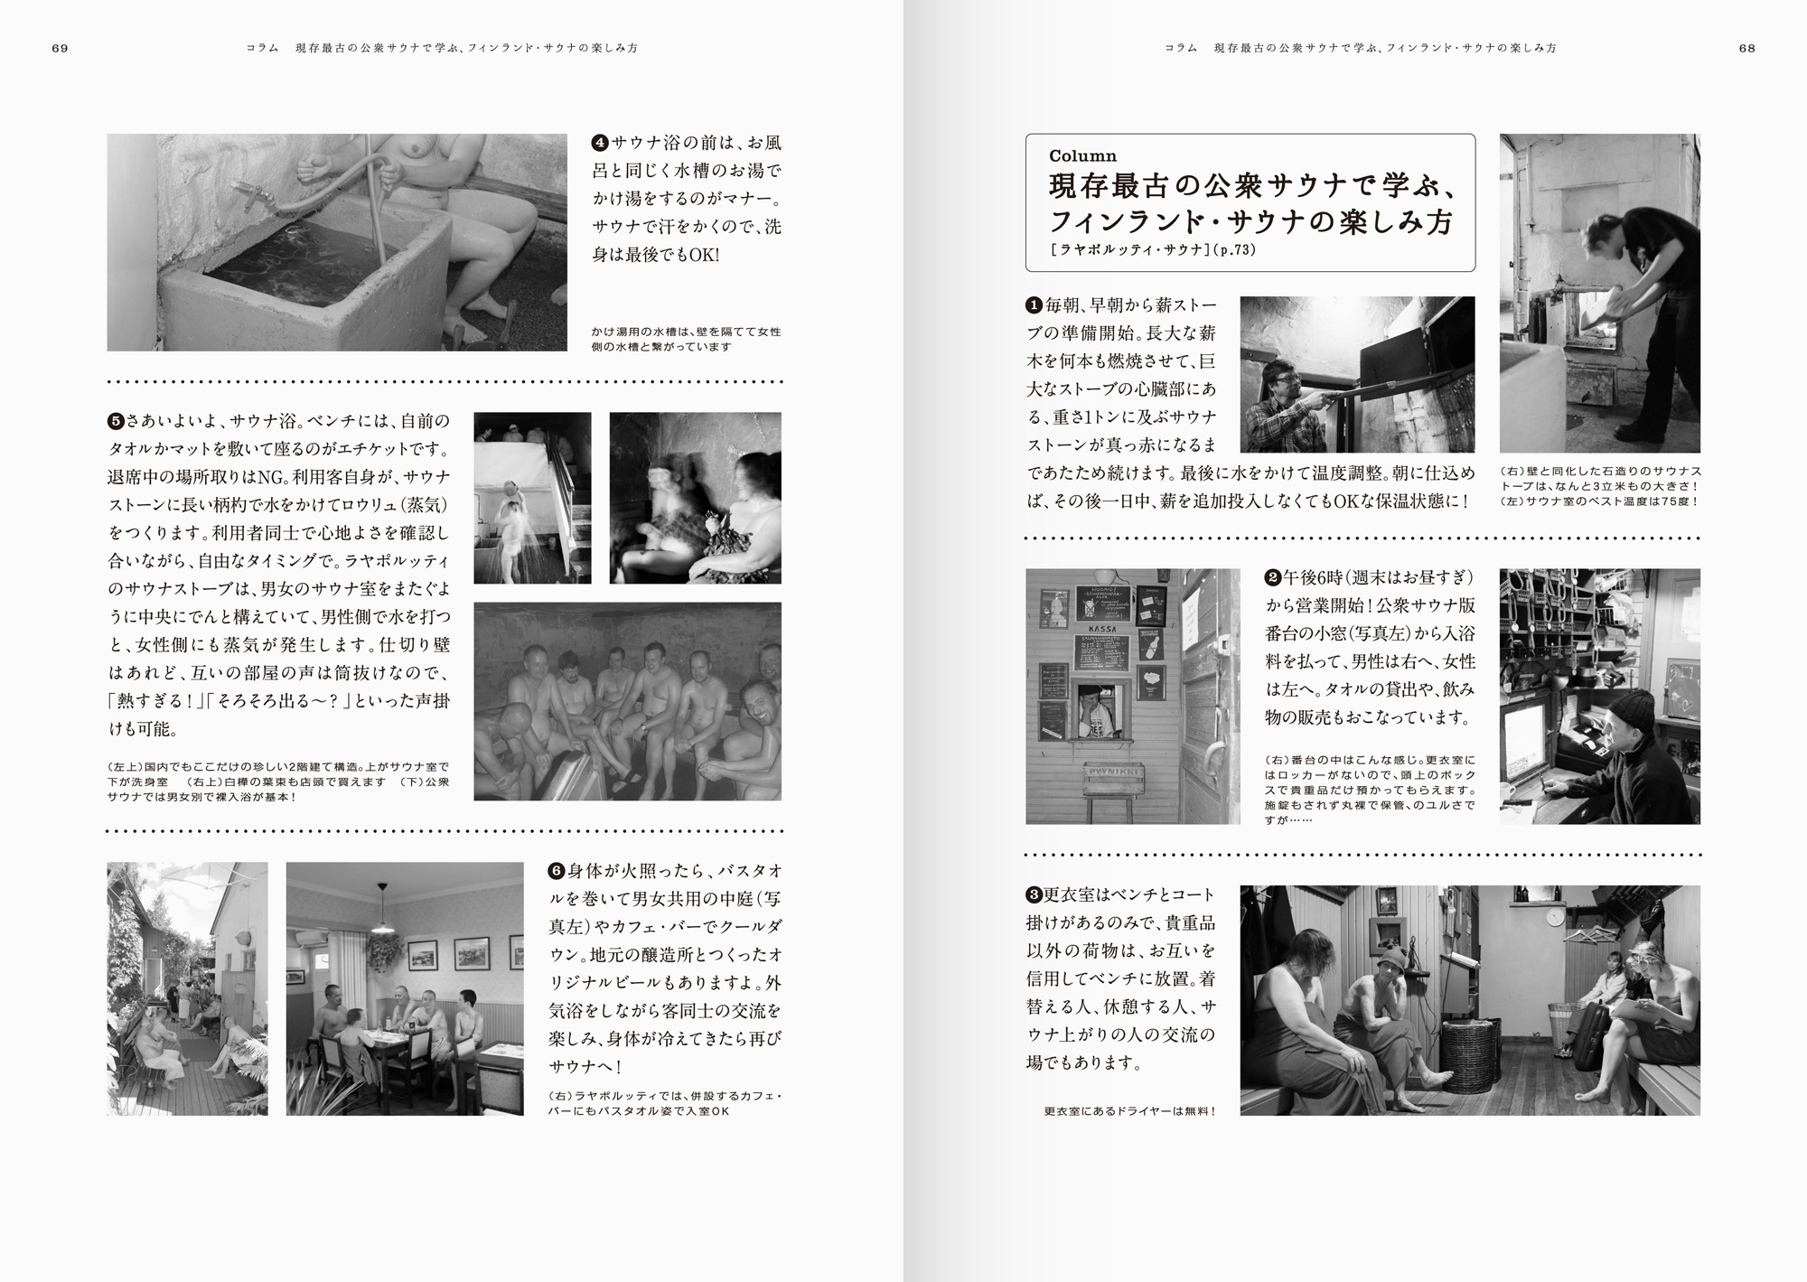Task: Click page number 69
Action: [x=60, y=49]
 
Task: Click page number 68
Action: [x=1747, y=49]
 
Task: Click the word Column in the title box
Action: [x=1082, y=156]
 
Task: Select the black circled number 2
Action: [x=1273, y=577]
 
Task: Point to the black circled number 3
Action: [x=1035, y=895]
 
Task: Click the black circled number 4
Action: [x=600, y=143]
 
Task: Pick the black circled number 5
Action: [x=116, y=421]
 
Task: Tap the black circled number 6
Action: [x=557, y=871]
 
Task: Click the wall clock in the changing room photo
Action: [x=1553, y=917]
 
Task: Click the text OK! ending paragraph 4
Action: [x=704, y=255]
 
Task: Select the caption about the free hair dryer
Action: [x=1129, y=1111]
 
